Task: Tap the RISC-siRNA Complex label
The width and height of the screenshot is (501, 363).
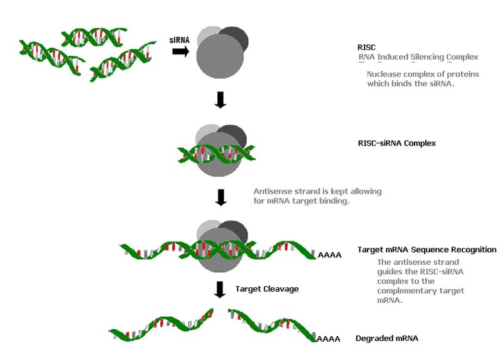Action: point(392,143)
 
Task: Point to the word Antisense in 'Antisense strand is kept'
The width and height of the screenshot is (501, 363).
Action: point(272,191)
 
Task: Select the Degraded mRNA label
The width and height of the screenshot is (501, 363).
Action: point(386,338)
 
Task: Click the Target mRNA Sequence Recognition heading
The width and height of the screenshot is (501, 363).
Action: point(426,250)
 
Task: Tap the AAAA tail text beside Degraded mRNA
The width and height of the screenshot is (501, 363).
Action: point(329,339)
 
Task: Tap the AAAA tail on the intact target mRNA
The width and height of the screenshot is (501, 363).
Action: point(330,255)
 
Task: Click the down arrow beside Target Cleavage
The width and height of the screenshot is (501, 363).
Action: point(220,289)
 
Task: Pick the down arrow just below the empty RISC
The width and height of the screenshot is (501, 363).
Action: point(220,100)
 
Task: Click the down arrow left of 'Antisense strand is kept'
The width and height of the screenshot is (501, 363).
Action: point(220,197)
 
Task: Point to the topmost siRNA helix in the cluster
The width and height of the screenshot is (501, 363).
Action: point(94,36)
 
